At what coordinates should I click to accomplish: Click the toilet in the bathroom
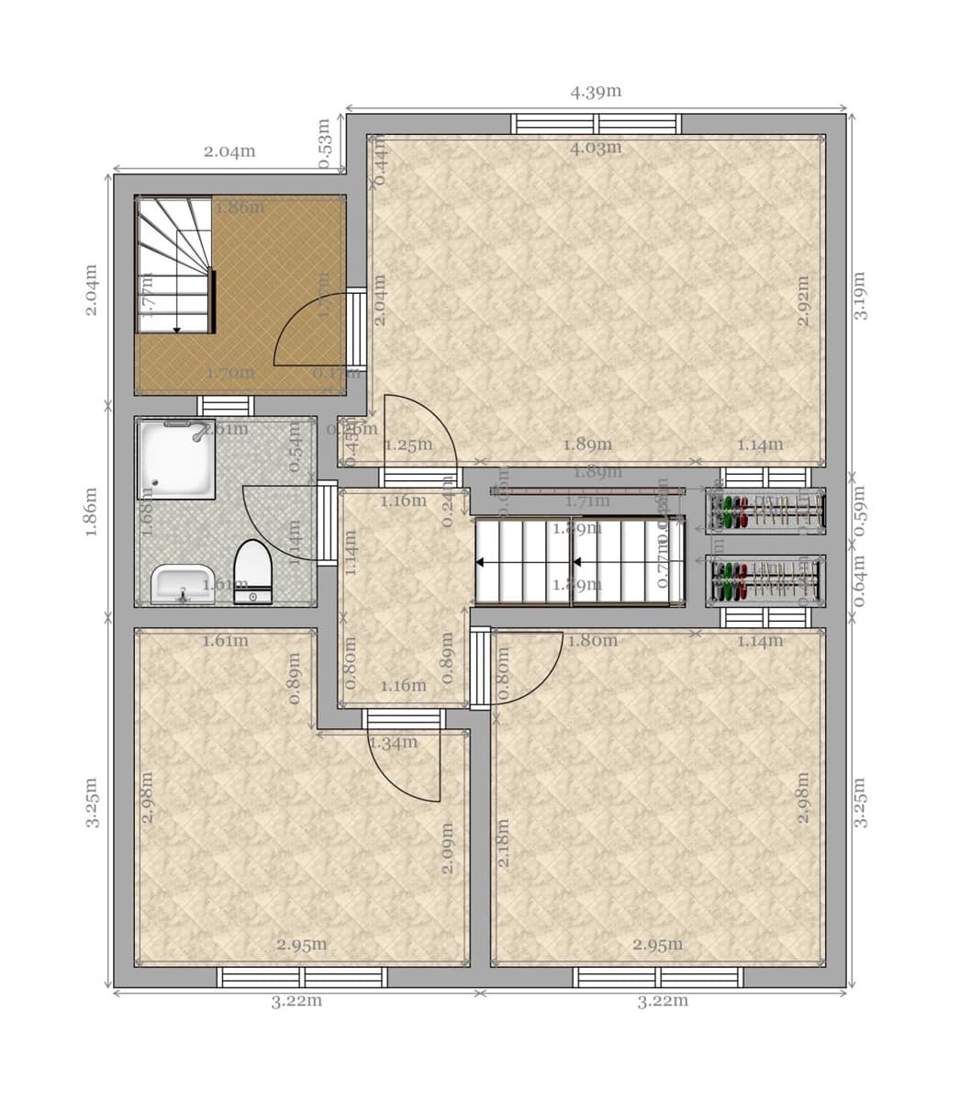tap(252, 571)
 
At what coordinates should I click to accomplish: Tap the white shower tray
tap(175, 458)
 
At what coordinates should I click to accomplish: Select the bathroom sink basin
tap(183, 584)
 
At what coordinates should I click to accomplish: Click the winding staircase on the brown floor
tap(174, 264)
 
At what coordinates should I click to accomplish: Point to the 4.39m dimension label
tap(596, 91)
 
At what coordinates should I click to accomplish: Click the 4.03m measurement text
tap(596, 147)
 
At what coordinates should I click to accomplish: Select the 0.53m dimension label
tap(324, 143)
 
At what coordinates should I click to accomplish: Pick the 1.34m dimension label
tap(393, 742)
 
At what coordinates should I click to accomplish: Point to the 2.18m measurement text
tap(503, 844)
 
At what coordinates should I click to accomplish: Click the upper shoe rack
tap(765, 511)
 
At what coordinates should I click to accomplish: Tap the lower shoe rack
tap(765, 581)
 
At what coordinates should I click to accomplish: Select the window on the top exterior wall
tap(597, 124)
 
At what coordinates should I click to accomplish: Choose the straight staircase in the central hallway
tap(579, 561)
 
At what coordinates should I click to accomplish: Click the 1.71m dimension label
tap(587, 500)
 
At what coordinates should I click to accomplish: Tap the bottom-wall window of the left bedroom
tap(302, 977)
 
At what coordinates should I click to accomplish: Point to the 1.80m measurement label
tap(592, 640)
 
